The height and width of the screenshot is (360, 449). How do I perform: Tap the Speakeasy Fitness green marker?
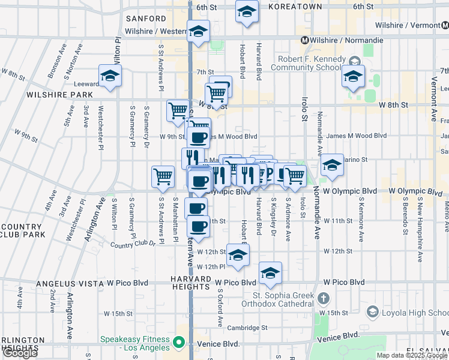point(178,343)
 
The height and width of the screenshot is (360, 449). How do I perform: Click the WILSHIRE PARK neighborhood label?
point(59,95)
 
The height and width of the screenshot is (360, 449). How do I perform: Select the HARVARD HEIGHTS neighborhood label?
point(190,283)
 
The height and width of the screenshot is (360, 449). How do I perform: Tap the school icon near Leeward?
point(110,76)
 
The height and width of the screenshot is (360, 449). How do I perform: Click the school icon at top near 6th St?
point(246,12)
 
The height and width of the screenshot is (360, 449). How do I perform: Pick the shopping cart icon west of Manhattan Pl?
point(163,177)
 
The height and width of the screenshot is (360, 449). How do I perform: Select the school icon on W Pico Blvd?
point(271,274)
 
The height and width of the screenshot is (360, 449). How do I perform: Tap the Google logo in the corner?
point(20,353)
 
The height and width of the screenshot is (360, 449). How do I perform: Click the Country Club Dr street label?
point(133,244)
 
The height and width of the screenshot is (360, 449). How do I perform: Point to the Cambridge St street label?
point(247,328)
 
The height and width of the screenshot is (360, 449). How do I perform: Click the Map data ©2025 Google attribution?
point(411,355)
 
